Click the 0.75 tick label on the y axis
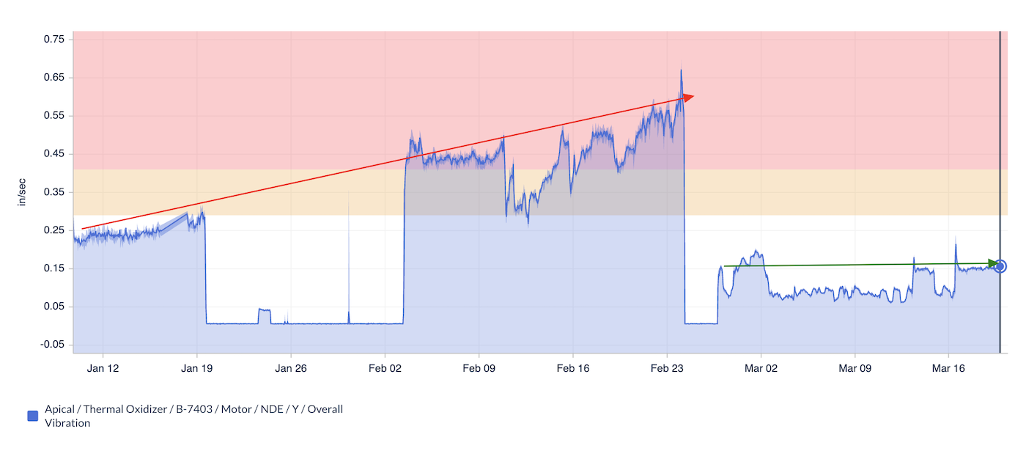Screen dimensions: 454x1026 pos(54,39)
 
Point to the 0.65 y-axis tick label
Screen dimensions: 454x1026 pos(54,77)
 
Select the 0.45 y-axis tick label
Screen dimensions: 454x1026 pos(54,153)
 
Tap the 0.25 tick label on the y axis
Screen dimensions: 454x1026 pos(54,230)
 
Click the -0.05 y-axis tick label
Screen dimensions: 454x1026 pos(53,344)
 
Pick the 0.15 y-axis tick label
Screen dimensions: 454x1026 pos(54,268)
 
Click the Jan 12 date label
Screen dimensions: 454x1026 pos(103,368)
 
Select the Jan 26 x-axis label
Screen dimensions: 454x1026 pos(290,368)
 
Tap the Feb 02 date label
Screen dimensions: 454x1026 pos(385,368)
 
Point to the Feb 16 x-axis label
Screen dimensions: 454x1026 pos(573,368)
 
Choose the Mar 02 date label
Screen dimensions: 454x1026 pos(761,368)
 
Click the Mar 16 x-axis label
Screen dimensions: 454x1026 pos(948,368)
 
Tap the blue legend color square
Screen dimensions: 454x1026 pos(32,416)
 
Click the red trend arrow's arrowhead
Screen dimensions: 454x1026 pos(688,96)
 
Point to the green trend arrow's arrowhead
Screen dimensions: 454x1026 pos(994,263)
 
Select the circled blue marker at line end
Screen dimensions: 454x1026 pos(1000,266)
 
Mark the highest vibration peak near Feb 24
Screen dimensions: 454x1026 pos(681,70)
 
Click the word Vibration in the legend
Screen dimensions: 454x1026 pos(67,423)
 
